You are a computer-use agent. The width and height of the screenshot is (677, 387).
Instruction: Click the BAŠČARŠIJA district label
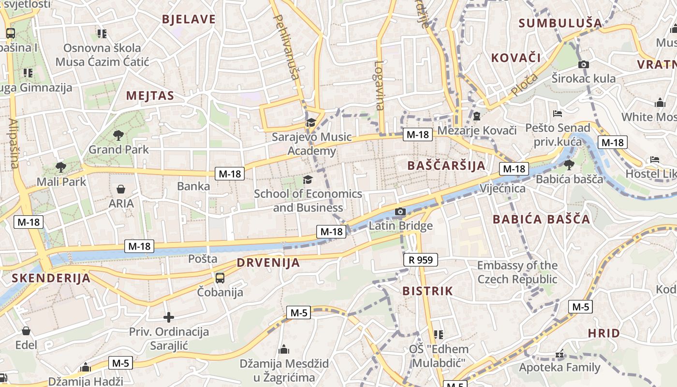pyautogui.click(x=446, y=165)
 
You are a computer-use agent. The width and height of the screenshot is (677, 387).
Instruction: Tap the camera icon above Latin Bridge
pyautogui.click(x=400, y=211)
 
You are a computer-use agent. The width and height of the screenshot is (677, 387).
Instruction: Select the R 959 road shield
pyautogui.click(x=420, y=260)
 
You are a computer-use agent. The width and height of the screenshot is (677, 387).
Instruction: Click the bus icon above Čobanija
pyautogui.click(x=220, y=278)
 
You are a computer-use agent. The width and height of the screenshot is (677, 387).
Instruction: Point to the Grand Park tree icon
pyautogui.click(x=118, y=135)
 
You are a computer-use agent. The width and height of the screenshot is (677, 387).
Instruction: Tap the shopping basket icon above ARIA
pyautogui.click(x=120, y=189)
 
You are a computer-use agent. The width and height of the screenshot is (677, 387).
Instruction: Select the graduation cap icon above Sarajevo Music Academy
pyautogui.click(x=310, y=123)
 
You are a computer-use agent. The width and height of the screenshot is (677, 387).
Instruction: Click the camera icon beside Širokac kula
pyautogui.click(x=584, y=64)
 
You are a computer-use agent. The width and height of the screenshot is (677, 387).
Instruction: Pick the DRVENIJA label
pyautogui.click(x=268, y=263)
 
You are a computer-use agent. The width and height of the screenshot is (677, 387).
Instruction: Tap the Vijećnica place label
pyautogui.click(x=502, y=188)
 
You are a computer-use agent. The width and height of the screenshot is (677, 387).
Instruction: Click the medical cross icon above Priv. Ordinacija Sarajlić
pyautogui.click(x=168, y=317)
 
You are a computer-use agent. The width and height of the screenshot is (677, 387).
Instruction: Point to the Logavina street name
pyautogui.click(x=380, y=85)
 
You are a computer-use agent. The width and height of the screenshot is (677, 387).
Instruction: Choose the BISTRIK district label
pyautogui.click(x=427, y=291)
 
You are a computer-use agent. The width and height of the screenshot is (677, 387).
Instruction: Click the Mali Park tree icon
pyautogui.click(x=60, y=167)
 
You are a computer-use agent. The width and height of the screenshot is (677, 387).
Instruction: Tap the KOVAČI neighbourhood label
pyautogui.click(x=515, y=58)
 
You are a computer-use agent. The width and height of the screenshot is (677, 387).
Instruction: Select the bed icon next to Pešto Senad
pyautogui.click(x=558, y=114)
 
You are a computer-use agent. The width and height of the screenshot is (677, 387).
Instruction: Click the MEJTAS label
pyautogui.click(x=150, y=96)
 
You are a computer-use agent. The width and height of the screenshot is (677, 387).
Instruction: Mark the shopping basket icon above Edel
pyautogui.click(x=26, y=331)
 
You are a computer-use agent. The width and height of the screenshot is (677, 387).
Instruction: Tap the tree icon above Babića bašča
pyautogui.click(x=569, y=164)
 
